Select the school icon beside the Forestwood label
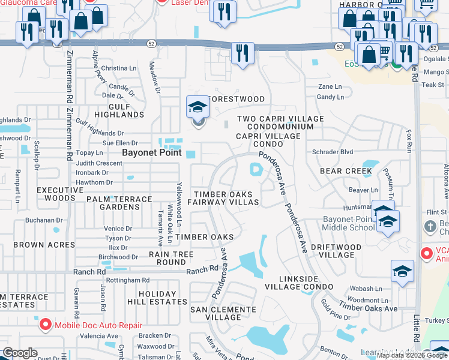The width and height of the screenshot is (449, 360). [197, 107]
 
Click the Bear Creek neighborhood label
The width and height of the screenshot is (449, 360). [347, 171]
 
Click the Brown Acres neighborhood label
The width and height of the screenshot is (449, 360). [44, 245]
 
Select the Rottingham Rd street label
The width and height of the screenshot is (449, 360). [128, 280]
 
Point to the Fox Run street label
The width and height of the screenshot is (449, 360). [411, 139]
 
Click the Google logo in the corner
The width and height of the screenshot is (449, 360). [20, 353]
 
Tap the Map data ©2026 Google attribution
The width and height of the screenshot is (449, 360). [411, 355]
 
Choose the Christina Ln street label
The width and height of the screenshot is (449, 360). [119, 69]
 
